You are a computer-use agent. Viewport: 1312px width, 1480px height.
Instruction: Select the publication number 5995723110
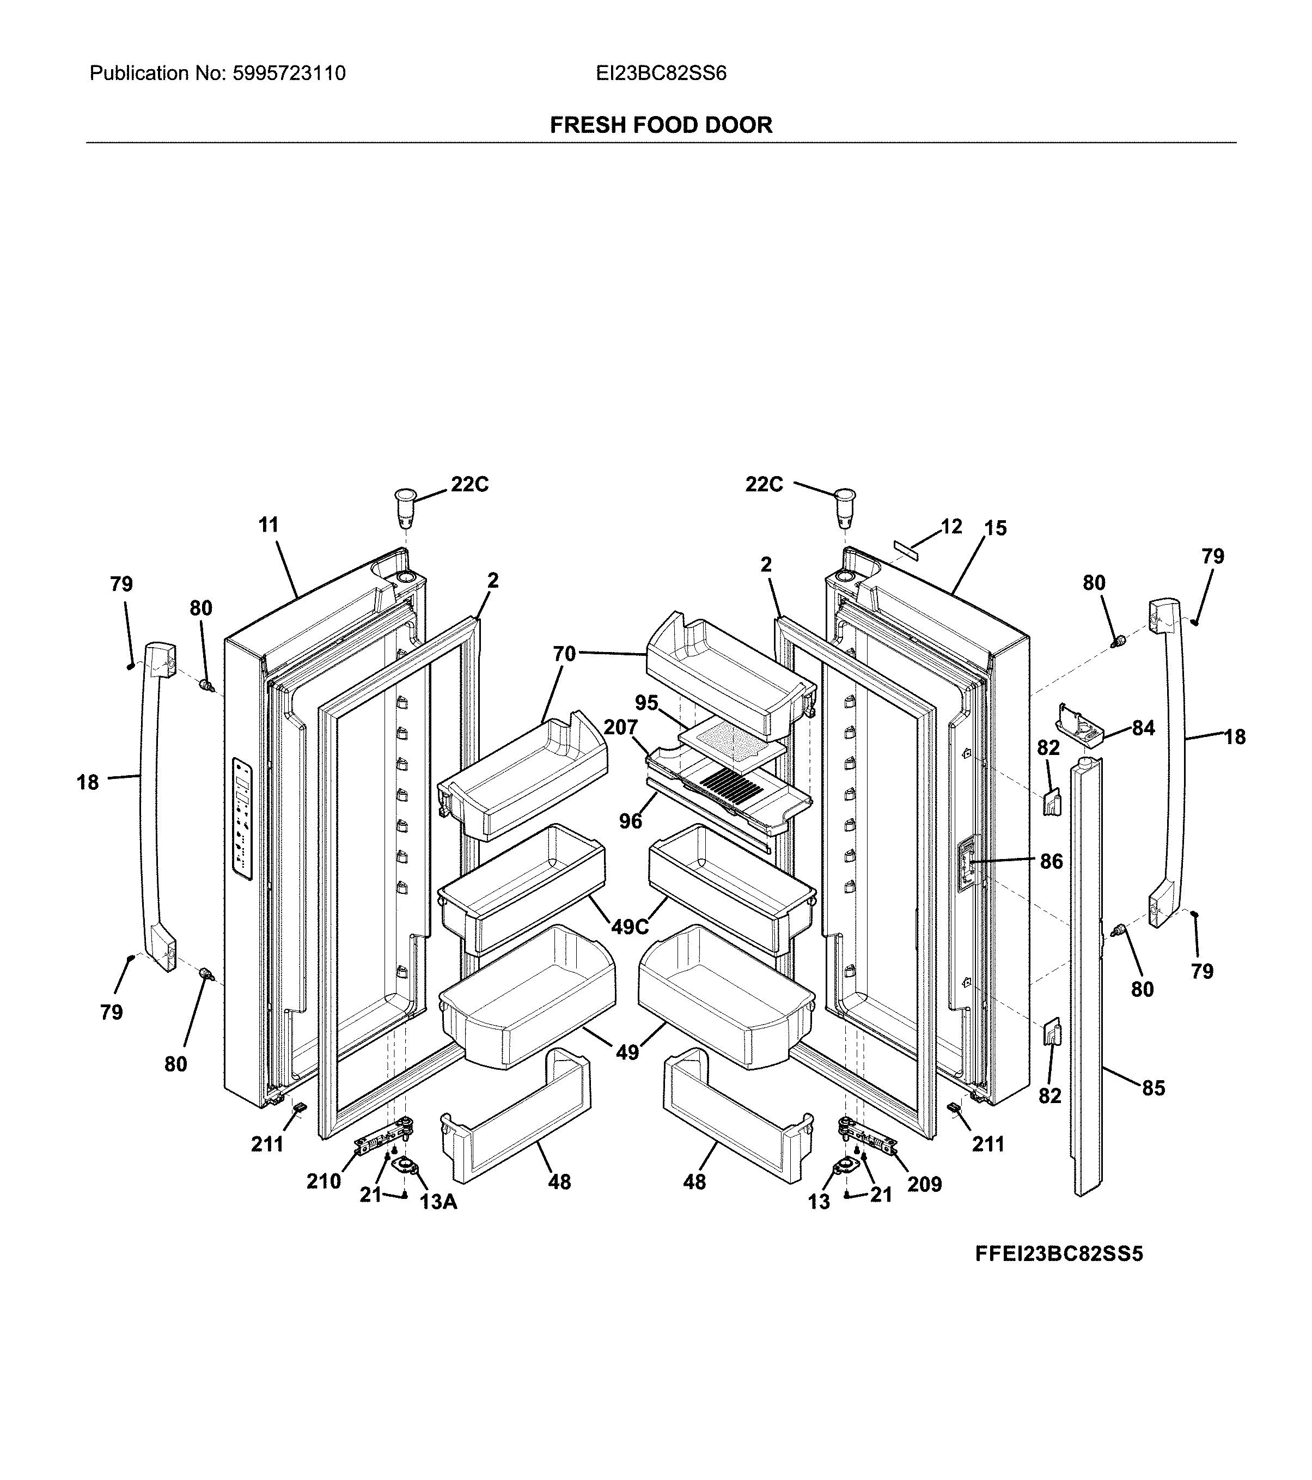288,73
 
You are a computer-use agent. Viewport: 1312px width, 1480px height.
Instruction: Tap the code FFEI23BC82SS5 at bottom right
1059,1274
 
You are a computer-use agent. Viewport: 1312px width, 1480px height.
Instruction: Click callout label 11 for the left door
268,525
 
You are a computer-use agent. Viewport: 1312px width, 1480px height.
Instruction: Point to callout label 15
995,528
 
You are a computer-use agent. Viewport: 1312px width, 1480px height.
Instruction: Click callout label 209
925,1184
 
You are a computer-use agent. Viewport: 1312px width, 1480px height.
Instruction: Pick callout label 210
323,1181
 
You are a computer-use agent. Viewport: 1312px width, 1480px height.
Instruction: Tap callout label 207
620,727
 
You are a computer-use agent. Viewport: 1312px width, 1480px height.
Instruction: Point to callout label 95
646,702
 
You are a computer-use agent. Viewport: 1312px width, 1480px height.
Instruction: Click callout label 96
631,821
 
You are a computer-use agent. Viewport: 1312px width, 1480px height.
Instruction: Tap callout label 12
951,526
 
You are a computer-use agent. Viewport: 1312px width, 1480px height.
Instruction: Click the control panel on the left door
242,820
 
